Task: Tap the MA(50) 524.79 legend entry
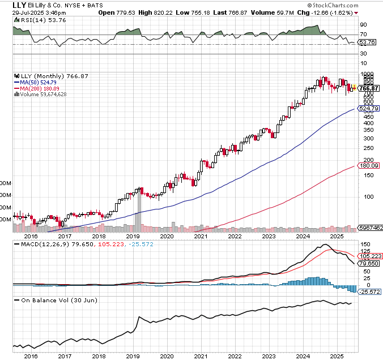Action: tap(38, 82)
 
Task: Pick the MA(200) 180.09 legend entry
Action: tap(38, 88)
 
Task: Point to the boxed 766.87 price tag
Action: tap(369, 88)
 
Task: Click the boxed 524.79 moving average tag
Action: tap(369, 108)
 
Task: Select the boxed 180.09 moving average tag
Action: tap(369, 166)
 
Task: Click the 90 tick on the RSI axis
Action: tap(363, 25)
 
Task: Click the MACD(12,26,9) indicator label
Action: tap(37, 244)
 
